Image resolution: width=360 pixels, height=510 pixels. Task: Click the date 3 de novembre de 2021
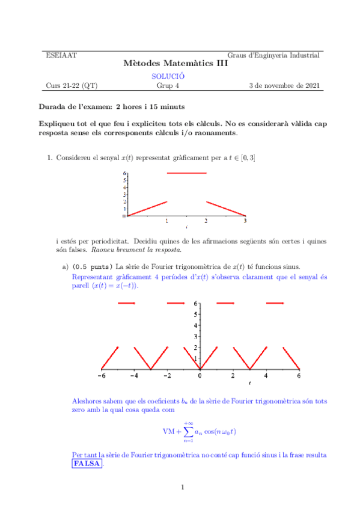(284, 85)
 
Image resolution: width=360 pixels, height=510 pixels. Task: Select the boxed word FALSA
(87, 464)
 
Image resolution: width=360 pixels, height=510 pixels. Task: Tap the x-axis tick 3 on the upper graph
(245, 221)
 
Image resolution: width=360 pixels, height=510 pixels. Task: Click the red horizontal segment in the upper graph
(186, 173)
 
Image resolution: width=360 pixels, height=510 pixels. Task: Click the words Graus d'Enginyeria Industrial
(273, 55)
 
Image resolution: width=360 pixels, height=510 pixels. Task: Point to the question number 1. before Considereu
(50, 158)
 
